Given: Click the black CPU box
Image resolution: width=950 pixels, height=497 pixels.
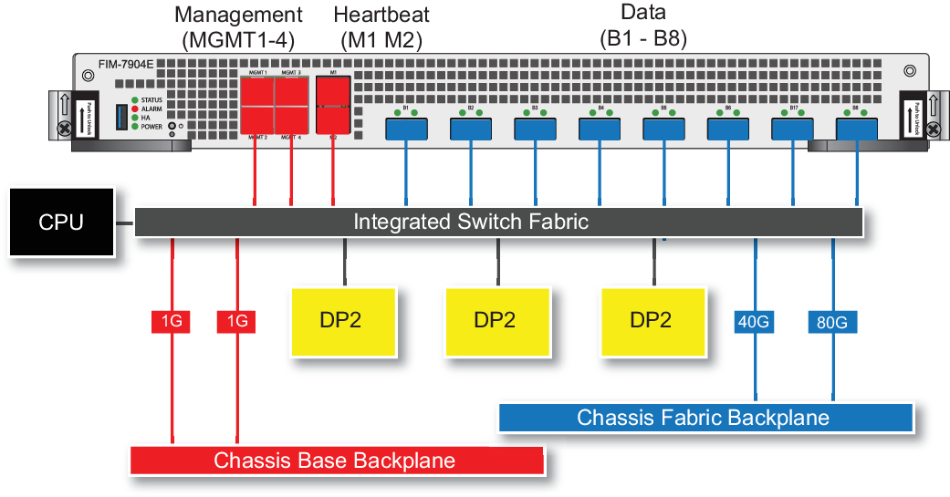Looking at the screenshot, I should pos(61,223).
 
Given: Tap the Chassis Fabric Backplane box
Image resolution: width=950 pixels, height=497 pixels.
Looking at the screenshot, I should pos(704,418).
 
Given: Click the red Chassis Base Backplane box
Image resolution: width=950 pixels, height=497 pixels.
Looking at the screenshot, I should pos(336,461).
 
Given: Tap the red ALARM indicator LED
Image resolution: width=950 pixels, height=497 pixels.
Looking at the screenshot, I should pos(135,109).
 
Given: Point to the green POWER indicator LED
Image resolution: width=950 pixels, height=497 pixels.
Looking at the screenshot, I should pos(135,127).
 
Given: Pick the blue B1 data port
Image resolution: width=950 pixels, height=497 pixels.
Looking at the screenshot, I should pos(406,129).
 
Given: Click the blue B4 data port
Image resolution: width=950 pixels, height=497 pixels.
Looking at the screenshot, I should pos(599,129).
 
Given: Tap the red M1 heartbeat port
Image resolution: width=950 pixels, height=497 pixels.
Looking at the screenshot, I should pos(333,91).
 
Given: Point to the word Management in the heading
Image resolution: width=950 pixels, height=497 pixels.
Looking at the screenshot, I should pos(238,15).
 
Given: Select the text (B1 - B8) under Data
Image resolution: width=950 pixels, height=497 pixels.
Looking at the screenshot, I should pos(643,39).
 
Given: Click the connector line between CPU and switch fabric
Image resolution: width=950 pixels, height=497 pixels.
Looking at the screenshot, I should pos(125,222).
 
